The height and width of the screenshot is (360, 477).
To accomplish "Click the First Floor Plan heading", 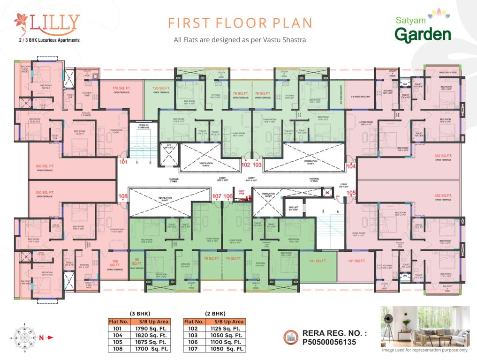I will pos(240,23).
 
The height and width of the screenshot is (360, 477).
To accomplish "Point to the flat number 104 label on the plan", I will pos(351,166).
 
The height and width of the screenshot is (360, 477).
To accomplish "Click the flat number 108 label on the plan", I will pos(123,196).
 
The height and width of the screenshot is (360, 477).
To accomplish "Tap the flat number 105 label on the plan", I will pos(351,192).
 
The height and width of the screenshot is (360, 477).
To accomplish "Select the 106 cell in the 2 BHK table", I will pos(194,342).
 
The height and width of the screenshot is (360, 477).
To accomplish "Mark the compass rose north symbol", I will pos(23,336).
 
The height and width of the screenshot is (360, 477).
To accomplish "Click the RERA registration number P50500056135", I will pos(329,343).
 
